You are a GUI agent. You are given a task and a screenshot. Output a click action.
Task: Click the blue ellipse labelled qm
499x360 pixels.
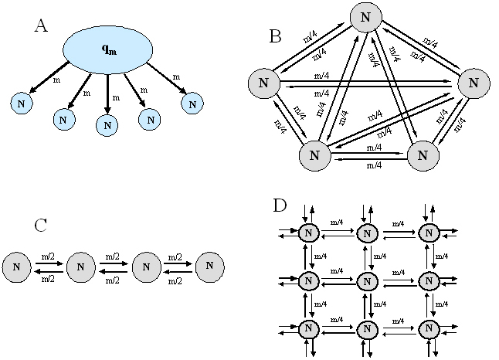(x=108, y=49)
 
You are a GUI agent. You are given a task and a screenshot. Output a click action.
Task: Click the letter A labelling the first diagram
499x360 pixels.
(x=42, y=26)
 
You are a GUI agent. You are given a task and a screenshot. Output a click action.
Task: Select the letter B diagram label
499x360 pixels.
(x=275, y=36)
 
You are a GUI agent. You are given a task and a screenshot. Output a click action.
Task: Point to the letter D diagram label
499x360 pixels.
(x=280, y=206)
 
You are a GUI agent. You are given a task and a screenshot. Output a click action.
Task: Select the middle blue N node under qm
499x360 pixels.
(x=107, y=124)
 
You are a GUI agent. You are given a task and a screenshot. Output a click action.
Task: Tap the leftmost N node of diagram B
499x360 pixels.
(x=264, y=83)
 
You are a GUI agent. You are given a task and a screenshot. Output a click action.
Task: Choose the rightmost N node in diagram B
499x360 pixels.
(x=474, y=82)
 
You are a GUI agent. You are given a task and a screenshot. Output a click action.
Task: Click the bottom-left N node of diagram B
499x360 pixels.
(x=314, y=154)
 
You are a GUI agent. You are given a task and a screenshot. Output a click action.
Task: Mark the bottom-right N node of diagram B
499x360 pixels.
(x=422, y=154)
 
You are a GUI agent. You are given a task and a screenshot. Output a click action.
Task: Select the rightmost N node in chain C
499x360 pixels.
(x=211, y=267)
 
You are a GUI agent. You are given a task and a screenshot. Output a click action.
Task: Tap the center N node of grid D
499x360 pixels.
(x=368, y=282)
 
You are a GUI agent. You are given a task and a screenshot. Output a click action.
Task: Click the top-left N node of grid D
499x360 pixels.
(x=308, y=233)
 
